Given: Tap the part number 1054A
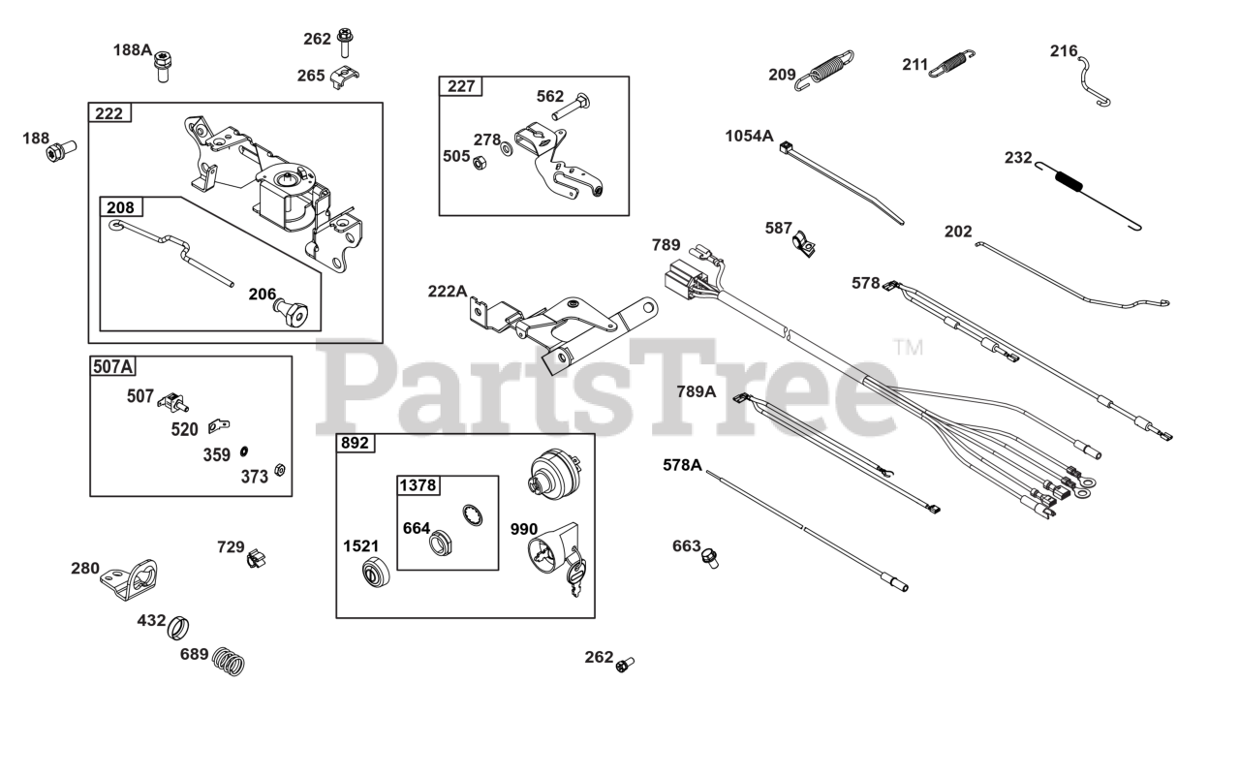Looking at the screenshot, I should click(x=749, y=136).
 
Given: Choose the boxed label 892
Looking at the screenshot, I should click(x=355, y=443).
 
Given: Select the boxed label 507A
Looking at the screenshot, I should click(x=112, y=366).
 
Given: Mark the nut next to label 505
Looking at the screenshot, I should click(x=479, y=162).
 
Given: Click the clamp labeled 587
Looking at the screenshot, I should click(x=804, y=243).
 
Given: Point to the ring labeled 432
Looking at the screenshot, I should click(x=178, y=627).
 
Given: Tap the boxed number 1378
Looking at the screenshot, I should click(x=417, y=484).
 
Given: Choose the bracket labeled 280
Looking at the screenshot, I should click(x=136, y=579).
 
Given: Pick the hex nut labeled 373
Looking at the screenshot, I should click(x=278, y=470).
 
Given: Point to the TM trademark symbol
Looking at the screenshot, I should click(x=907, y=346).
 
